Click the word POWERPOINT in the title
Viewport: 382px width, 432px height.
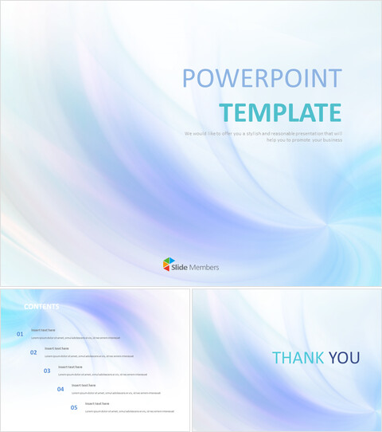262,79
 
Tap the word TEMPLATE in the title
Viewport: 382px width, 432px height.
280,112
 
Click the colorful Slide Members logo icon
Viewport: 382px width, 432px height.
169,264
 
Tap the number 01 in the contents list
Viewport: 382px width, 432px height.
20,335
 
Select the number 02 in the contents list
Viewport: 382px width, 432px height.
33,352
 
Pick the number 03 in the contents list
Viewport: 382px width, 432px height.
47,371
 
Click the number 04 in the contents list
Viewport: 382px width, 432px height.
60,389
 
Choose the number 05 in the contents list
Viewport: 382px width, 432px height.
74,407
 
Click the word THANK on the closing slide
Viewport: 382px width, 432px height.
297,358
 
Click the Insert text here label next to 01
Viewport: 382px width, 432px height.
43,330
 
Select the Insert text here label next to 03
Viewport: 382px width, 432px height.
70,367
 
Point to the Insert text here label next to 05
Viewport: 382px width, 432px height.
97,403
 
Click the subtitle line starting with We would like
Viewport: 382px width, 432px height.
263,133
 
